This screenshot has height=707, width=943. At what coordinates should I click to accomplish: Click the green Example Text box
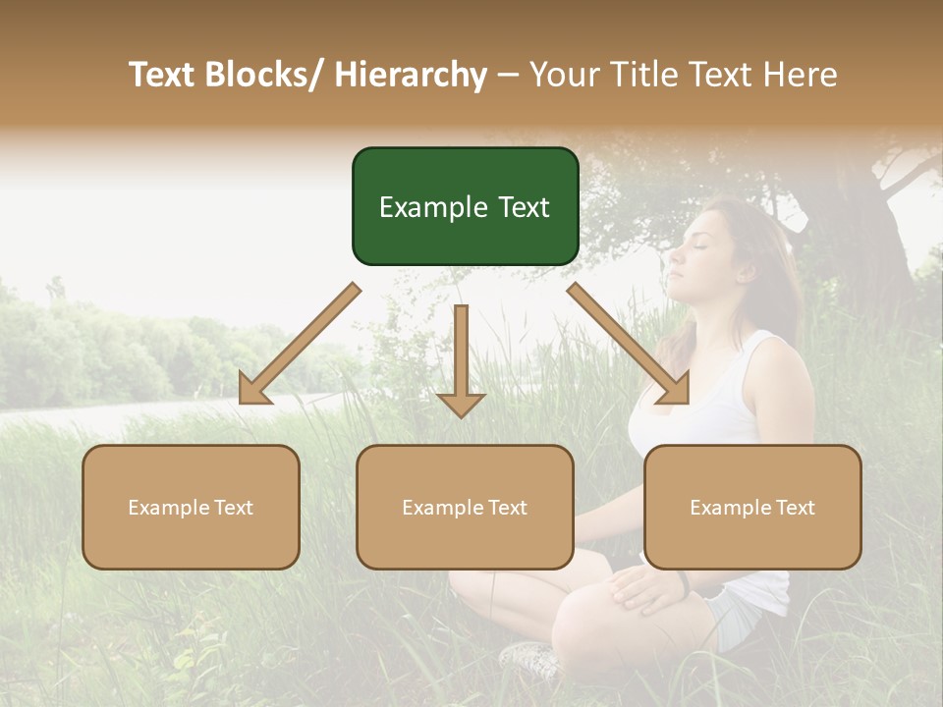(465, 206)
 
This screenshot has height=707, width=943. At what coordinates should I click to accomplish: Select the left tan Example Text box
(191, 507)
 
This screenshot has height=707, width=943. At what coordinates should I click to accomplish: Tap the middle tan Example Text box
(465, 507)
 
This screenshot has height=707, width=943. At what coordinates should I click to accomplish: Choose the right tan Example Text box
(752, 507)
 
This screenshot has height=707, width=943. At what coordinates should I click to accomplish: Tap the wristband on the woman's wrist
(684, 583)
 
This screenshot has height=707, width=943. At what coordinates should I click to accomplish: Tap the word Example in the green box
(426, 207)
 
